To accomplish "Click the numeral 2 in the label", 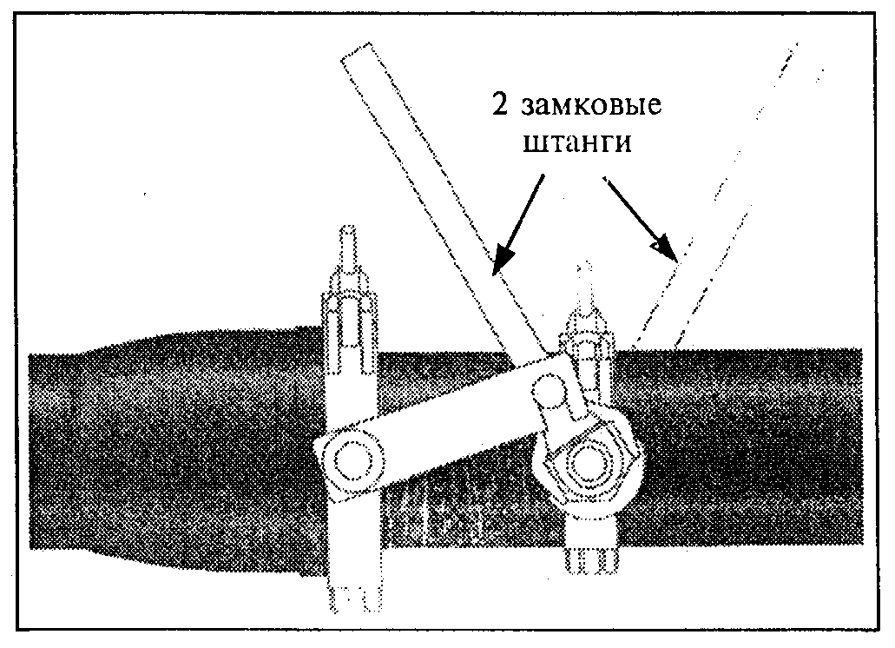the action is pos(500,104).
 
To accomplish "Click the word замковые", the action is pos(592,105).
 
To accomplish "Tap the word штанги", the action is pos(577,142).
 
